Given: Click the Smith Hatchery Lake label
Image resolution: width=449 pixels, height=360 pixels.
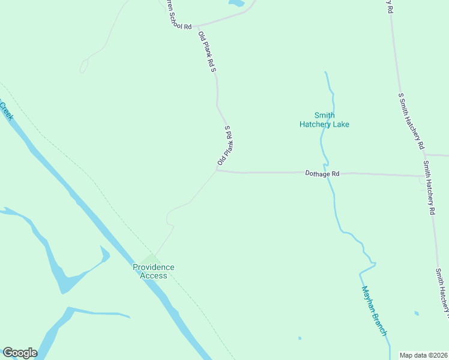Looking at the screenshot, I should [x=324, y=120].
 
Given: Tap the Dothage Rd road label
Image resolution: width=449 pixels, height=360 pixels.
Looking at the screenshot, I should [x=322, y=173].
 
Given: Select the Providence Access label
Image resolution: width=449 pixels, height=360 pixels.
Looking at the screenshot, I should [x=154, y=271].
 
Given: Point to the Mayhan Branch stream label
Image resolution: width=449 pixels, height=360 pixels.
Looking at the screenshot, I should [x=375, y=310].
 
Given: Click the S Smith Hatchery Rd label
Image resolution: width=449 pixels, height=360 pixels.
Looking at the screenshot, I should [x=412, y=121].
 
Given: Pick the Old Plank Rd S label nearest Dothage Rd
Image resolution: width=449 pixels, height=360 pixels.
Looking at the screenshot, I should [x=225, y=146].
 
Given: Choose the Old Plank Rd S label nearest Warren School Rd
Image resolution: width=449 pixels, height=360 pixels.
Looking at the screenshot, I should [x=207, y=52].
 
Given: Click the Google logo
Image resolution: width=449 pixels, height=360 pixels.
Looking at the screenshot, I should [x=20, y=353].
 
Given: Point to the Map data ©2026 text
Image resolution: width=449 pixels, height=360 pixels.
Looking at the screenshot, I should [x=423, y=355].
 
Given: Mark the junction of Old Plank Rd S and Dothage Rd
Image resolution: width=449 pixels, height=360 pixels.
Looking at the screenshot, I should [x=217, y=170].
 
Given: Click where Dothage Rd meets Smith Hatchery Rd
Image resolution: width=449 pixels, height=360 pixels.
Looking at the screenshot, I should [x=423, y=176].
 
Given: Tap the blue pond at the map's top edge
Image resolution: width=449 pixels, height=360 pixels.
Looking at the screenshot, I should [x=237, y=3].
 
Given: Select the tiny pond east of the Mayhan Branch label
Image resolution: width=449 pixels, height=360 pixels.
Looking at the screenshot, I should [x=416, y=313].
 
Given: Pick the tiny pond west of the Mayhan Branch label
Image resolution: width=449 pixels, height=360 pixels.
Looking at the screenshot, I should [x=299, y=338].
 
